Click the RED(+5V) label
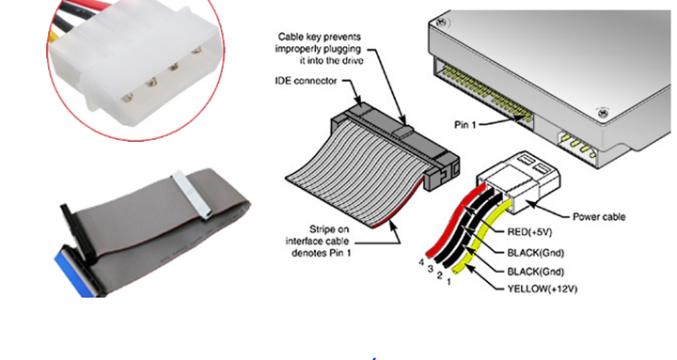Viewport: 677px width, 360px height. (x=529, y=232)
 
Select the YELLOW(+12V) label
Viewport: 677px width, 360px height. (x=542, y=289)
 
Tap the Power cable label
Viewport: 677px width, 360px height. (x=598, y=217)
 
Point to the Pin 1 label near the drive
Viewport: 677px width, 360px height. (x=464, y=125)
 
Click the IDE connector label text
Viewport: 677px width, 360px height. (x=306, y=81)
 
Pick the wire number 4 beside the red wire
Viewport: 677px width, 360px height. (x=421, y=262)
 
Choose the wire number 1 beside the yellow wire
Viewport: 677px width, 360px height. (x=449, y=282)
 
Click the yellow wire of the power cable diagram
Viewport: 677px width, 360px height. (x=480, y=237)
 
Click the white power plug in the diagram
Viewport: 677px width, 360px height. (x=519, y=181)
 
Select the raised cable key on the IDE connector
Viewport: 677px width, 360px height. (x=402, y=131)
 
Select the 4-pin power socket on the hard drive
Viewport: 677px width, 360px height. (x=576, y=145)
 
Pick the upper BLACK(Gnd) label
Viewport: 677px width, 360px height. (x=535, y=253)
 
